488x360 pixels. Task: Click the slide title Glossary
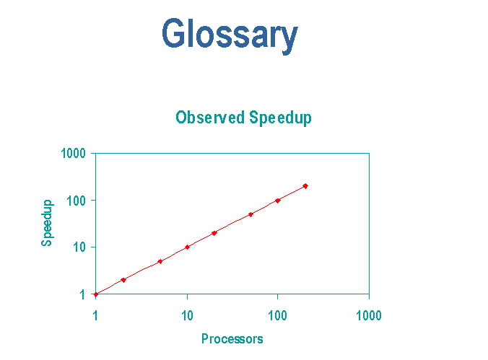(230, 34)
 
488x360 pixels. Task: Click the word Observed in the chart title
(210, 118)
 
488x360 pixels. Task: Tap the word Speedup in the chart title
(280, 118)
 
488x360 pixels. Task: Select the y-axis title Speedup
(47, 223)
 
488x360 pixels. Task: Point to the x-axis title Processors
(232, 338)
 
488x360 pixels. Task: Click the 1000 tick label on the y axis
(73, 154)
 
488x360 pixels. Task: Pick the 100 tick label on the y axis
(76, 201)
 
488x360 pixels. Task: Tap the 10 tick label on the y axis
(79, 247)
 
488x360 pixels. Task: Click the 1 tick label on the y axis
(82, 294)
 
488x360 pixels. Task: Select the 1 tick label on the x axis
(95, 315)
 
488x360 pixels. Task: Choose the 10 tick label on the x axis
(187, 315)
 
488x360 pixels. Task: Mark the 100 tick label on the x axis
(277, 315)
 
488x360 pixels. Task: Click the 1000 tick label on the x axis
(369, 315)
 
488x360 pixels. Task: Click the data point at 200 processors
(305, 186)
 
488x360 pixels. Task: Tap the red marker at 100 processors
(278, 201)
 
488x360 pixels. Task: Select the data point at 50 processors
(250, 214)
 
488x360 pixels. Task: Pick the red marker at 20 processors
(214, 233)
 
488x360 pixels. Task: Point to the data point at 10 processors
(187, 247)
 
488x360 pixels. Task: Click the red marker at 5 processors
(160, 261)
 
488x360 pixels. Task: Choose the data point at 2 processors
(123, 280)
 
